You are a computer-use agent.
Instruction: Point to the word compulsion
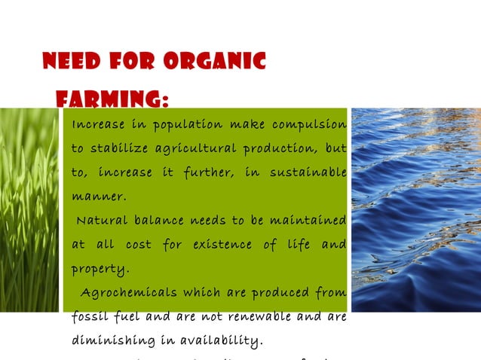(x=309, y=124)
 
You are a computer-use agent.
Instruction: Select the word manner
(x=98, y=197)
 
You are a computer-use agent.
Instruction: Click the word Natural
(x=103, y=221)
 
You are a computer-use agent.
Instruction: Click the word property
(x=100, y=269)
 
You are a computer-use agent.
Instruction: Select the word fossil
(x=89, y=316)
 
